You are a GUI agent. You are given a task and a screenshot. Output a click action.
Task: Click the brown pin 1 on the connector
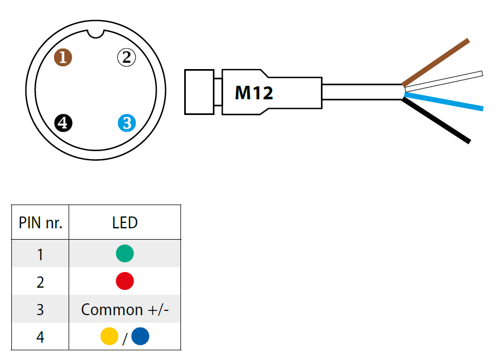63,57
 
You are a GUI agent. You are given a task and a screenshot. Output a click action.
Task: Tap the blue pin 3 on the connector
126,123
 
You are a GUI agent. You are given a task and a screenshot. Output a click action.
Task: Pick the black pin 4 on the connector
63,123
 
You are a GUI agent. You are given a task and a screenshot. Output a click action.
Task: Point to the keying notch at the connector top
96,33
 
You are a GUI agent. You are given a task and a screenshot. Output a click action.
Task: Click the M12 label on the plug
254,93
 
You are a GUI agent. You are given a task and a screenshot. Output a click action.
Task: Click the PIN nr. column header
41,222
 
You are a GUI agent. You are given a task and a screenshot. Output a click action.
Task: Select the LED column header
125,222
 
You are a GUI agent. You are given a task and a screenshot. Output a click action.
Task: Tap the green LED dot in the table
125,254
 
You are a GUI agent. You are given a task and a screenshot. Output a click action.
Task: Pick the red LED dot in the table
125,281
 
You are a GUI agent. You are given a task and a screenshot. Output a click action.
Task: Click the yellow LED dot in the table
110,337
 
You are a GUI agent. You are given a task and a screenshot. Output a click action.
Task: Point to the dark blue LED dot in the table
140,337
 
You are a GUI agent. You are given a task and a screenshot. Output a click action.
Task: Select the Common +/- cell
125,309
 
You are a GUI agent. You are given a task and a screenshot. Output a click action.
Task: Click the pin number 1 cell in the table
41,254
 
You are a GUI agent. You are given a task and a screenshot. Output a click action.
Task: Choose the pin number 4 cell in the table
41,337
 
